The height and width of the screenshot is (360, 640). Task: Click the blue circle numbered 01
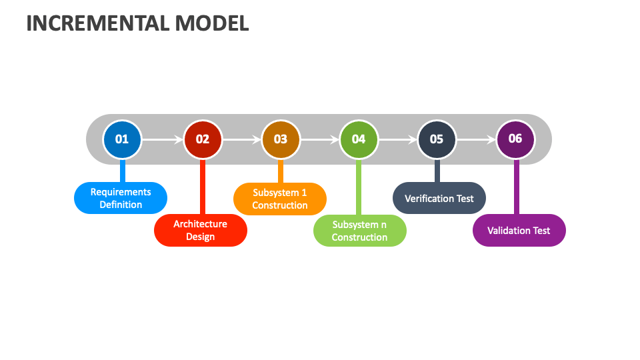pyautogui.click(x=122, y=139)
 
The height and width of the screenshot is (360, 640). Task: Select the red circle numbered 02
pyautogui.click(x=203, y=139)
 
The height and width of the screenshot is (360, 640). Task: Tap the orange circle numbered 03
pyautogui.click(x=281, y=139)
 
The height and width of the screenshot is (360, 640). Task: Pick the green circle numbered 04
pyautogui.click(x=359, y=139)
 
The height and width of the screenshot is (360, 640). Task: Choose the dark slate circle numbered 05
pyautogui.click(x=437, y=139)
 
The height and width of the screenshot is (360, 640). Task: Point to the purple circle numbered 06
pyautogui.click(x=515, y=139)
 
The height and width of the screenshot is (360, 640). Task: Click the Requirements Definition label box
pyautogui.click(x=121, y=198)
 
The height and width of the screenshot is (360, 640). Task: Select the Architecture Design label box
pyautogui.click(x=201, y=231)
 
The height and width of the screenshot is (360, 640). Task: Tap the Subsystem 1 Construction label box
pyautogui.click(x=280, y=199)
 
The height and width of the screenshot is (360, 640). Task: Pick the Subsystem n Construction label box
pyautogui.click(x=360, y=231)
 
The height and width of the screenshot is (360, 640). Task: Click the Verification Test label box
pyautogui.click(x=439, y=198)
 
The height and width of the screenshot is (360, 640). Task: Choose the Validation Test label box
pyautogui.click(x=519, y=231)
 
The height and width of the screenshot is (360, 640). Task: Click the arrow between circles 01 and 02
pyautogui.click(x=162, y=140)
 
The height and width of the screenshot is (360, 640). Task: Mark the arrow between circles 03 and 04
pyautogui.click(x=319, y=140)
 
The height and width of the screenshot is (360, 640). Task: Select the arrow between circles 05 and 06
pyautogui.click(x=476, y=140)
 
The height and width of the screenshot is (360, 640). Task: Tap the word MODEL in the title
pyautogui.click(x=212, y=23)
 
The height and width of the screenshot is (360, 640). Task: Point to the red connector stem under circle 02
pyautogui.click(x=202, y=187)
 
